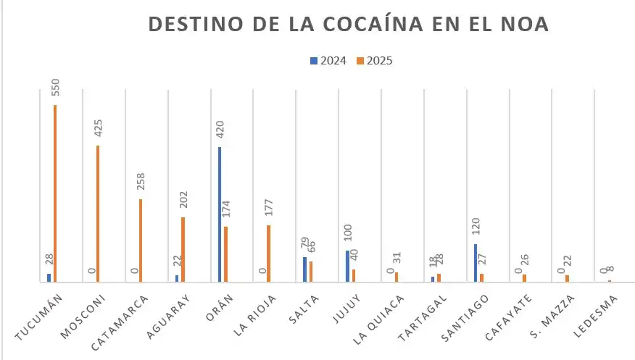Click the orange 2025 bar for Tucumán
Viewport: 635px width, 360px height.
(55, 193)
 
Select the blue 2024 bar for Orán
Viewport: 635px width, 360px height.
(220, 214)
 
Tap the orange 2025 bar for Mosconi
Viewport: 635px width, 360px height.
(98, 214)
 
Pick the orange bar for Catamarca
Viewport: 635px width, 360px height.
(141, 240)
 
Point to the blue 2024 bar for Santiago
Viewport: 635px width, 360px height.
(476, 263)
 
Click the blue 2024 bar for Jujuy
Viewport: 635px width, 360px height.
(348, 266)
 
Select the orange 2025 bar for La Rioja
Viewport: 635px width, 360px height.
(268, 254)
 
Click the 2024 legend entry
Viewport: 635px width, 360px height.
(329, 61)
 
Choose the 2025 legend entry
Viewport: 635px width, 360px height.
(375, 61)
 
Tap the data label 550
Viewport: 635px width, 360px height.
(56, 86)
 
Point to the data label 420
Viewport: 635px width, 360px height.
(220, 129)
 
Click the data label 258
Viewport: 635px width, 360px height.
(141, 182)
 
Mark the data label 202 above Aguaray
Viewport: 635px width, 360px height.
(183, 200)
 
